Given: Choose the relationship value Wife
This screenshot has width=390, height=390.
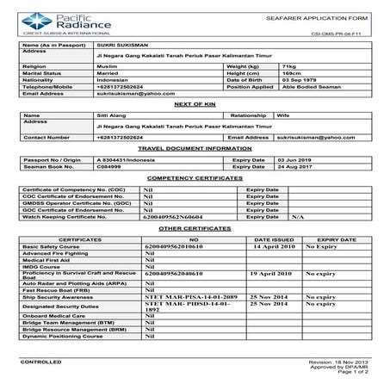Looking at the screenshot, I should pos(286,115).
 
